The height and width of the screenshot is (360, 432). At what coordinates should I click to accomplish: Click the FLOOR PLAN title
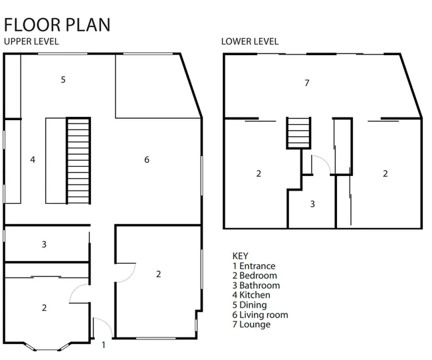coord(57,25)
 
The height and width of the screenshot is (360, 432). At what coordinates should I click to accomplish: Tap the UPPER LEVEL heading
coord(31,42)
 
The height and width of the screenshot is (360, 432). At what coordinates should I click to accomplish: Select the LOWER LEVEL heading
coord(250,42)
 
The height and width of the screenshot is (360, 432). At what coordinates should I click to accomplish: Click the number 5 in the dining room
coord(63,80)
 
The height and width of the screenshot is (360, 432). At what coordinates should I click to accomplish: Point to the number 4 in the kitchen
coord(33,159)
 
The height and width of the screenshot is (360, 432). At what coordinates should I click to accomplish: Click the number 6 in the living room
coord(147,159)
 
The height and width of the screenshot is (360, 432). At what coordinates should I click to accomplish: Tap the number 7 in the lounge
coord(307,82)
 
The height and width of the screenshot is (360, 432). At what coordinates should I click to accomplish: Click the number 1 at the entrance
coord(103,345)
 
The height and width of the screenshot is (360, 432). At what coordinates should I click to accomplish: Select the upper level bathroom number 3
coord(44,244)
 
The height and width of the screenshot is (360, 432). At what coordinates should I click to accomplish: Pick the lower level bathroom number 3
coord(312,204)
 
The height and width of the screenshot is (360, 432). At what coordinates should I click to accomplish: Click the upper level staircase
coord(78,161)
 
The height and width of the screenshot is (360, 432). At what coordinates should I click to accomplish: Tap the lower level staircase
coord(298,133)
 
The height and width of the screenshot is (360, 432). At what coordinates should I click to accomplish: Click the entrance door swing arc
coord(106,321)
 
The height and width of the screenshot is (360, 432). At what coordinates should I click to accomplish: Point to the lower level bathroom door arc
coord(325,159)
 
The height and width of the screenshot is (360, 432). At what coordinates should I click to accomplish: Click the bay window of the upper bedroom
coord(47,347)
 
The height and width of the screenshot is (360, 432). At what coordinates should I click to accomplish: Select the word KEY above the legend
coord(240,256)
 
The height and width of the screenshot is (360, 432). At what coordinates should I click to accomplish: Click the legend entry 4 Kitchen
coord(251,295)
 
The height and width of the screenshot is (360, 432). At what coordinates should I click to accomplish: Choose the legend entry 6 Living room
coord(261,315)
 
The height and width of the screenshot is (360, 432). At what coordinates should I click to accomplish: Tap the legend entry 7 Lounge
coord(251,324)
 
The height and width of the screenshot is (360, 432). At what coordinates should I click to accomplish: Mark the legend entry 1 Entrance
coord(254,266)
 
